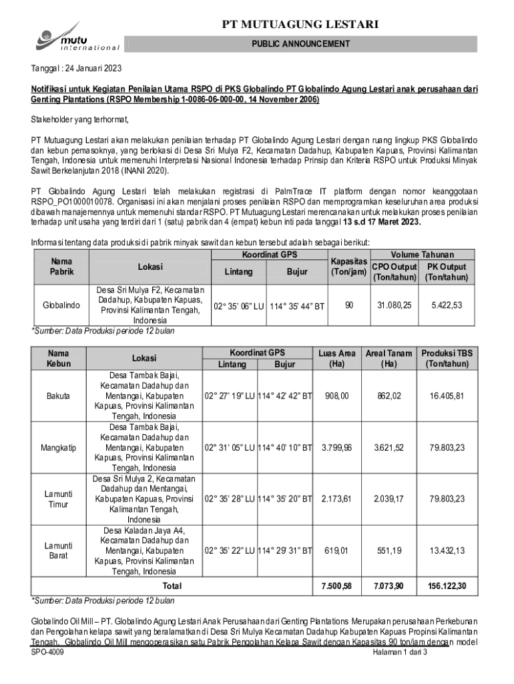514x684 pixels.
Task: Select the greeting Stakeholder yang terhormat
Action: pyautogui.click(x=79, y=120)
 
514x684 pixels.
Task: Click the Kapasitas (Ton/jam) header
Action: pyautogui.click(x=348, y=266)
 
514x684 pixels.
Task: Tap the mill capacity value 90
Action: pyautogui.click(x=348, y=305)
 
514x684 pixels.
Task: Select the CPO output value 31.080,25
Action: pyautogui.click(x=395, y=305)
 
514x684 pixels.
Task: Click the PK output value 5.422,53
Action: pyautogui.click(x=447, y=305)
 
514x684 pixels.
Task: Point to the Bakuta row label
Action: pyautogui.click(x=59, y=397)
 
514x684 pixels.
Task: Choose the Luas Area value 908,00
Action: pyautogui.click(x=336, y=397)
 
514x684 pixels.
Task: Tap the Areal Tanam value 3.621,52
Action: pyautogui.click(x=390, y=447)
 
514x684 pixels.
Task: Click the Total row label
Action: pyautogui.click(x=172, y=586)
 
